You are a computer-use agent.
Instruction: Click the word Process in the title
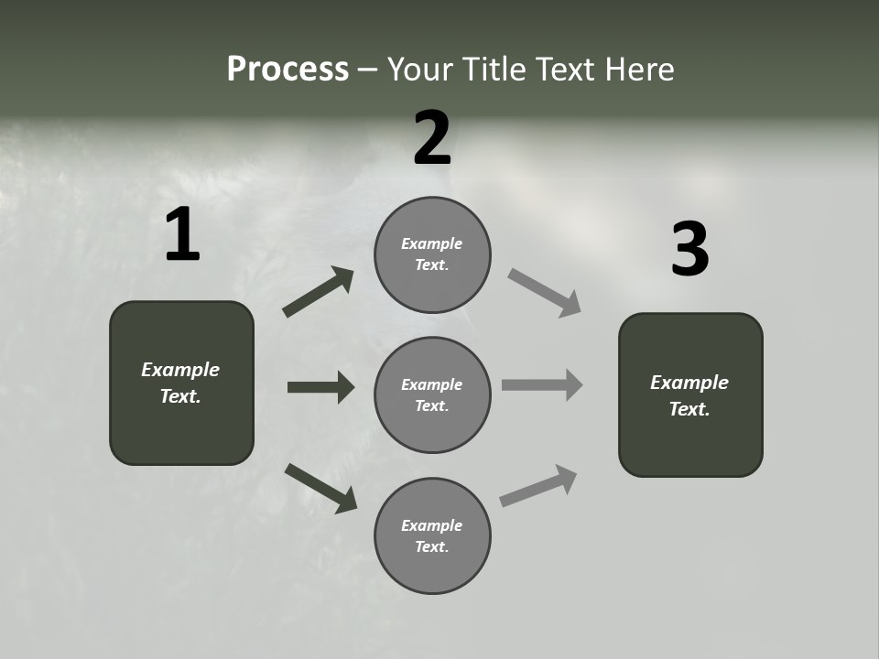pos(288,70)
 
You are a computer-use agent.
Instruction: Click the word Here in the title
pos(639,70)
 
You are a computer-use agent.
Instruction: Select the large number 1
pos(181,235)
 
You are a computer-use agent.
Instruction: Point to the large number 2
pos(432,138)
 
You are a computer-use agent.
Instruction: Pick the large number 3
pos(689,250)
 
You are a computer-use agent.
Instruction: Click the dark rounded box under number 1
pos(181,383)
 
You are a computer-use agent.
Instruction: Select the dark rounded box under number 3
pos(690,394)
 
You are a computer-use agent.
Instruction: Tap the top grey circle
pos(432,254)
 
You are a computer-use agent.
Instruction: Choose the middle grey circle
pos(432,394)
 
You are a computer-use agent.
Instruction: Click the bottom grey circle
pos(432,535)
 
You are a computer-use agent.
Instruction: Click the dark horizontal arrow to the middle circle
pos(320,387)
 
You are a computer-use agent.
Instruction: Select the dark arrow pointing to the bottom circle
pos(320,488)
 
